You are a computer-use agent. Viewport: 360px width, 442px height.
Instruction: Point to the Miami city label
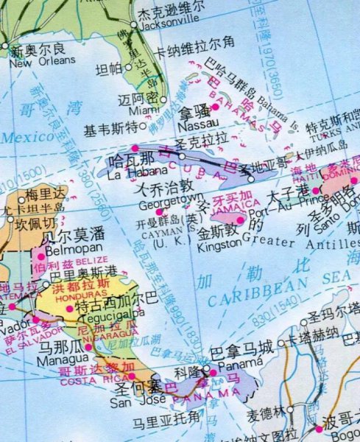pos(145,111)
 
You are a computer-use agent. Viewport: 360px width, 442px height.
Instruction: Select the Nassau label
pos(194,126)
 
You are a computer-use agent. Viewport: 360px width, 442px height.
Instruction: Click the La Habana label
pos(131,175)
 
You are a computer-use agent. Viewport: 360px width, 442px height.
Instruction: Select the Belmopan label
pos(62,248)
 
